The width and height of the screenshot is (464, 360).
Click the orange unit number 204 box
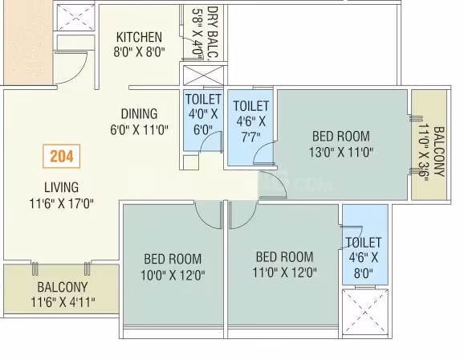point(62,156)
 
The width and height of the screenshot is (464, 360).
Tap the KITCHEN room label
point(139,37)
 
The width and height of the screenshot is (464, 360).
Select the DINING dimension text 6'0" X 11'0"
point(139,130)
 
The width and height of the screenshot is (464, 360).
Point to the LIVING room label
point(62,187)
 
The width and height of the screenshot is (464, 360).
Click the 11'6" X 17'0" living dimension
point(62,203)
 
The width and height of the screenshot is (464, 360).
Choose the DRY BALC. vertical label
point(213,34)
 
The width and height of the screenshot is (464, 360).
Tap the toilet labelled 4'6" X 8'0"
point(365,245)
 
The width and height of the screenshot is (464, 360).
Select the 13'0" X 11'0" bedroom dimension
point(341,153)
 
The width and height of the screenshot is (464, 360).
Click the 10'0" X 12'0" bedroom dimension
point(173,276)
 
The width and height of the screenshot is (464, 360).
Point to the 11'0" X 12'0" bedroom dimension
point(284,272)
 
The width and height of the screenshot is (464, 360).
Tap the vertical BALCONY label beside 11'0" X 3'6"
point(439,151)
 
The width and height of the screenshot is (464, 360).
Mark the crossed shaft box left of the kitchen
point(75,17)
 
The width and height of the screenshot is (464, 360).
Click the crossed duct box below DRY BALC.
point(203,76)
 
